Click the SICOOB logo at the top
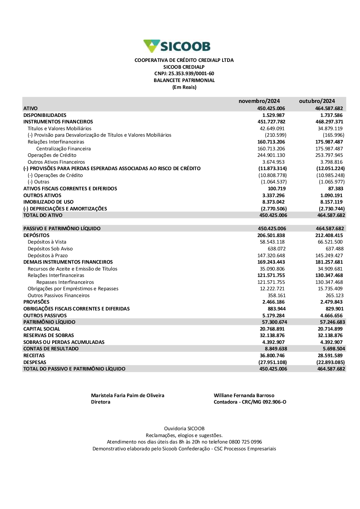(177, 46)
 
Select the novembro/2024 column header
(259, 101)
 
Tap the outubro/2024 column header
(317, 101)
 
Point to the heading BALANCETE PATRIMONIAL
(184, 81)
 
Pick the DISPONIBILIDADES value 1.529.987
(273, 115)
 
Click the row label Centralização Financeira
(63, 149)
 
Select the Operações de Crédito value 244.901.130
(271, 155)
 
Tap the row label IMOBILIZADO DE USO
(48, 202)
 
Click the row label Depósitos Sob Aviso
(50, 249)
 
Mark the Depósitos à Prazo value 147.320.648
(271, 255)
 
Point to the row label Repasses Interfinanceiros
(65, 282)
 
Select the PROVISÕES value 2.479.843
(331, 302)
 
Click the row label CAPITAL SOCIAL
(41, 329)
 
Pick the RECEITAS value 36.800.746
(272, 356)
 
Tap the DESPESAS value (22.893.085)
(330, 362)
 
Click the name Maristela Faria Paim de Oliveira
(127, 396)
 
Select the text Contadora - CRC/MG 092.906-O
(250, 402)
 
